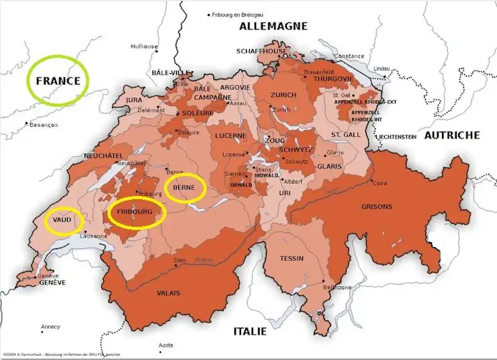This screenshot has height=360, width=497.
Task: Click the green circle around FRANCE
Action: click(58, 81)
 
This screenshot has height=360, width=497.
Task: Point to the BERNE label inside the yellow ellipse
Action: click(184, 189)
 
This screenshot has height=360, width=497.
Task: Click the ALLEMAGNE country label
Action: click(273, 26)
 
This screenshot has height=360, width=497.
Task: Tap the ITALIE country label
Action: click(250, 331)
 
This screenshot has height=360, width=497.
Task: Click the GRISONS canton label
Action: click(377, 206)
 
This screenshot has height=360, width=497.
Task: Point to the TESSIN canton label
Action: click(292, 259)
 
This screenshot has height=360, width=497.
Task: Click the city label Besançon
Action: click(44, 125)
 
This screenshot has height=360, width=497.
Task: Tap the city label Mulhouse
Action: click(144, 47)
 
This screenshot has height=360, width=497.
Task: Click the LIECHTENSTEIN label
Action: click(397, 136)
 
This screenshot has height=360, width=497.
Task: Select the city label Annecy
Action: click(50, 327)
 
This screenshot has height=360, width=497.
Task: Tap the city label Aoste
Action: click(165, 345)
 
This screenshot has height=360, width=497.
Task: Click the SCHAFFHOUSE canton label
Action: click(261, 51)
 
